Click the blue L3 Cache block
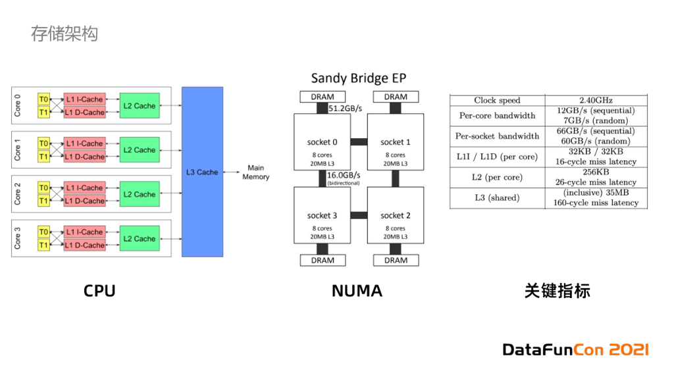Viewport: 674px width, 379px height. click(202, 171)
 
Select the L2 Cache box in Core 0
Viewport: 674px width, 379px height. click(140, 106)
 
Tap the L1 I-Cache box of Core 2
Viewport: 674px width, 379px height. click(84, 188)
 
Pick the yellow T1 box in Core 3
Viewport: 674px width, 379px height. click(43, 245)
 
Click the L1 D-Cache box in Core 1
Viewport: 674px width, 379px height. click(84, 157)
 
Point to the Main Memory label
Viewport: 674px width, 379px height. click(255, 172)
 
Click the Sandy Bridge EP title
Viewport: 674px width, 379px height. click(359, 78)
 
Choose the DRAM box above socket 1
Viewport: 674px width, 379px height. click(396, 97)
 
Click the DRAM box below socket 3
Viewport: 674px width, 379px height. click(323, 260)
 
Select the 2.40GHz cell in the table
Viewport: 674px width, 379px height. click(596, 101)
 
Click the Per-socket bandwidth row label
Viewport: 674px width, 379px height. click(497, 136)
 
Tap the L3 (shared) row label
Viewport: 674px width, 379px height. click(497, 197)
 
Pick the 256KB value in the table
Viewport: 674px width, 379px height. click(596, 172)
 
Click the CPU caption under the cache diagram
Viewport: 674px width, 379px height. click(99, 291)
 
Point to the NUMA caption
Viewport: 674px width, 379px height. click(357, 291)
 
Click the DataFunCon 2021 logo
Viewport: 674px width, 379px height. click(575, 349)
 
